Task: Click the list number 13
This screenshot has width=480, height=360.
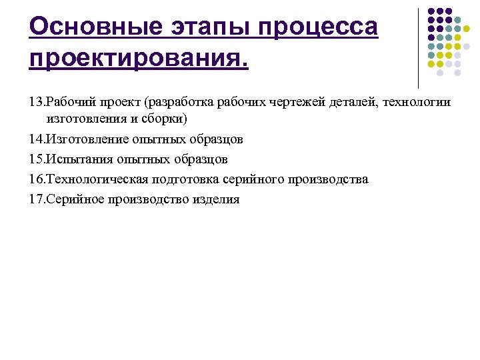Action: pos(36,103)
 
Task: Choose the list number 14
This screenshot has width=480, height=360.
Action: pos(36,140)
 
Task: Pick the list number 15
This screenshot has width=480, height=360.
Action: pos(36,160)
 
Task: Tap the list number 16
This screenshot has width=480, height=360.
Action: pos(36,180)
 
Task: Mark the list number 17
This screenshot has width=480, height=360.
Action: pos(36,200)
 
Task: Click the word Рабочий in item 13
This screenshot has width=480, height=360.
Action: pos(69,103)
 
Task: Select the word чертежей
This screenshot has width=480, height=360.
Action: pos(295,103)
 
